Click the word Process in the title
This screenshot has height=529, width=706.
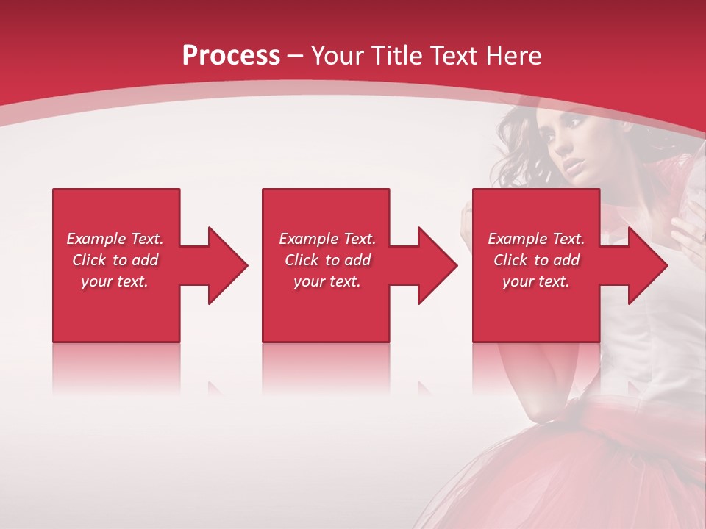click(x=231, y=56)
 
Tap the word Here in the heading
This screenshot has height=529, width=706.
click(x=513, y=56)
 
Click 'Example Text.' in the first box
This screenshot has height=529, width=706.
click(x=115, y=239)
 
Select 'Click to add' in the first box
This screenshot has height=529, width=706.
click(x=115, y=260)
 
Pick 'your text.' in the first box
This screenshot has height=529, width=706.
click(x=115, y=281)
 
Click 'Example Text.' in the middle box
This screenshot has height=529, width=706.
click(x=327, y=239)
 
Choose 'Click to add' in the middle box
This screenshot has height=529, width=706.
click(x=327, y=260)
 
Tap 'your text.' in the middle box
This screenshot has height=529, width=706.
click(x=327, y=281)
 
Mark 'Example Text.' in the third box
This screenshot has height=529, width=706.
click(x=536, y=239)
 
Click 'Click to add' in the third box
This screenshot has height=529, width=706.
click(x=536, y=260)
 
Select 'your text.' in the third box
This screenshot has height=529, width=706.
click(x=536, y=281)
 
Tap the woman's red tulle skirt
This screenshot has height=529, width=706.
click(x=625, y=470)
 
